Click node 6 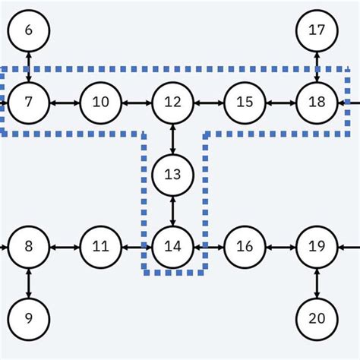pyautogui.click(x=29, y=30)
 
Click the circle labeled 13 pyautogui.click(x=173, y=175)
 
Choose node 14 pyautogui.click(x=173, y=247)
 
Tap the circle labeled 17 pyautogui.click(x=317, y=30)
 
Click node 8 pyautogui.click(x=29, y=247)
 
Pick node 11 pyautogui.click(x=100, y=247)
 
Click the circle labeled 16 pyautogui.click(x=245, y=247)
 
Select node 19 pyautogui.click(x=317, y=247)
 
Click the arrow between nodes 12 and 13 pyautogui.click(x=173, y=138)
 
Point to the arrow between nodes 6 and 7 pyautogui.click(x=29, y=66)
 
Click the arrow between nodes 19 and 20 pyautogui.click(x=317, y=283)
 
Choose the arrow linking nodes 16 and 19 pyautogui.click(x=280, y=247)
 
